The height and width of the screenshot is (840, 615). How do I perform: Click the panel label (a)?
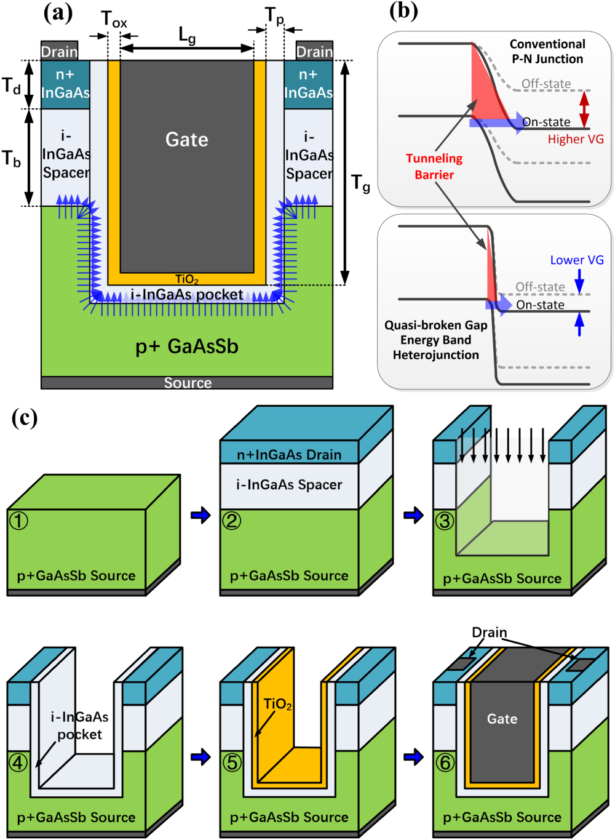(58, 12)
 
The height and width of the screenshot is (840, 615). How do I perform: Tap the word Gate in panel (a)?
(187, 140)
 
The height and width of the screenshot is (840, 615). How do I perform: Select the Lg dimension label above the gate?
(187, 35)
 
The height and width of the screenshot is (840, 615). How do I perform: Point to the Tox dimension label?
(114, 20)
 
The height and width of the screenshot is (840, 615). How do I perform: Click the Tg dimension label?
(360, 183)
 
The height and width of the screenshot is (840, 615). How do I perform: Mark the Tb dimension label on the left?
(11, 159)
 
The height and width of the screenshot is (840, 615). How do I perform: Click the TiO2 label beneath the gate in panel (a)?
(187, 279)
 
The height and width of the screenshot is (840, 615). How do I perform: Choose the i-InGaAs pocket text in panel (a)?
(187, 295)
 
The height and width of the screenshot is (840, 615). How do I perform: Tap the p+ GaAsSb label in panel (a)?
(187, 346)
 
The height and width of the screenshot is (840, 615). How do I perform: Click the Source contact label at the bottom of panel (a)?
(188, 383)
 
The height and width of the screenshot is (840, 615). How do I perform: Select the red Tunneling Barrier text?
(434, 166)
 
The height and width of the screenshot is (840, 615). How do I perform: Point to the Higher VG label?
(576, 139)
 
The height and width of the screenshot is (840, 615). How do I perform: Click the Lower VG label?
(576, 260)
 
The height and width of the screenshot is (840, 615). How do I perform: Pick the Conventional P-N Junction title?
(547, 52)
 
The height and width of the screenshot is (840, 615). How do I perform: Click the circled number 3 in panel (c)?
(444, 521)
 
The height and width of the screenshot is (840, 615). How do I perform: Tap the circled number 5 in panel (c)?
(231, 762)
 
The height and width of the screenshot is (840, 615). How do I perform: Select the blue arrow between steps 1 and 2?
(200, 514)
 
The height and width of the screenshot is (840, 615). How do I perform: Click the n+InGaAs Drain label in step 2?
(289, 455)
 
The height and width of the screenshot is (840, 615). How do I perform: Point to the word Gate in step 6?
(502, 719)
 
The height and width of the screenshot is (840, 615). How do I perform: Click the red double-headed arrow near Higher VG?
(584, 109)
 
